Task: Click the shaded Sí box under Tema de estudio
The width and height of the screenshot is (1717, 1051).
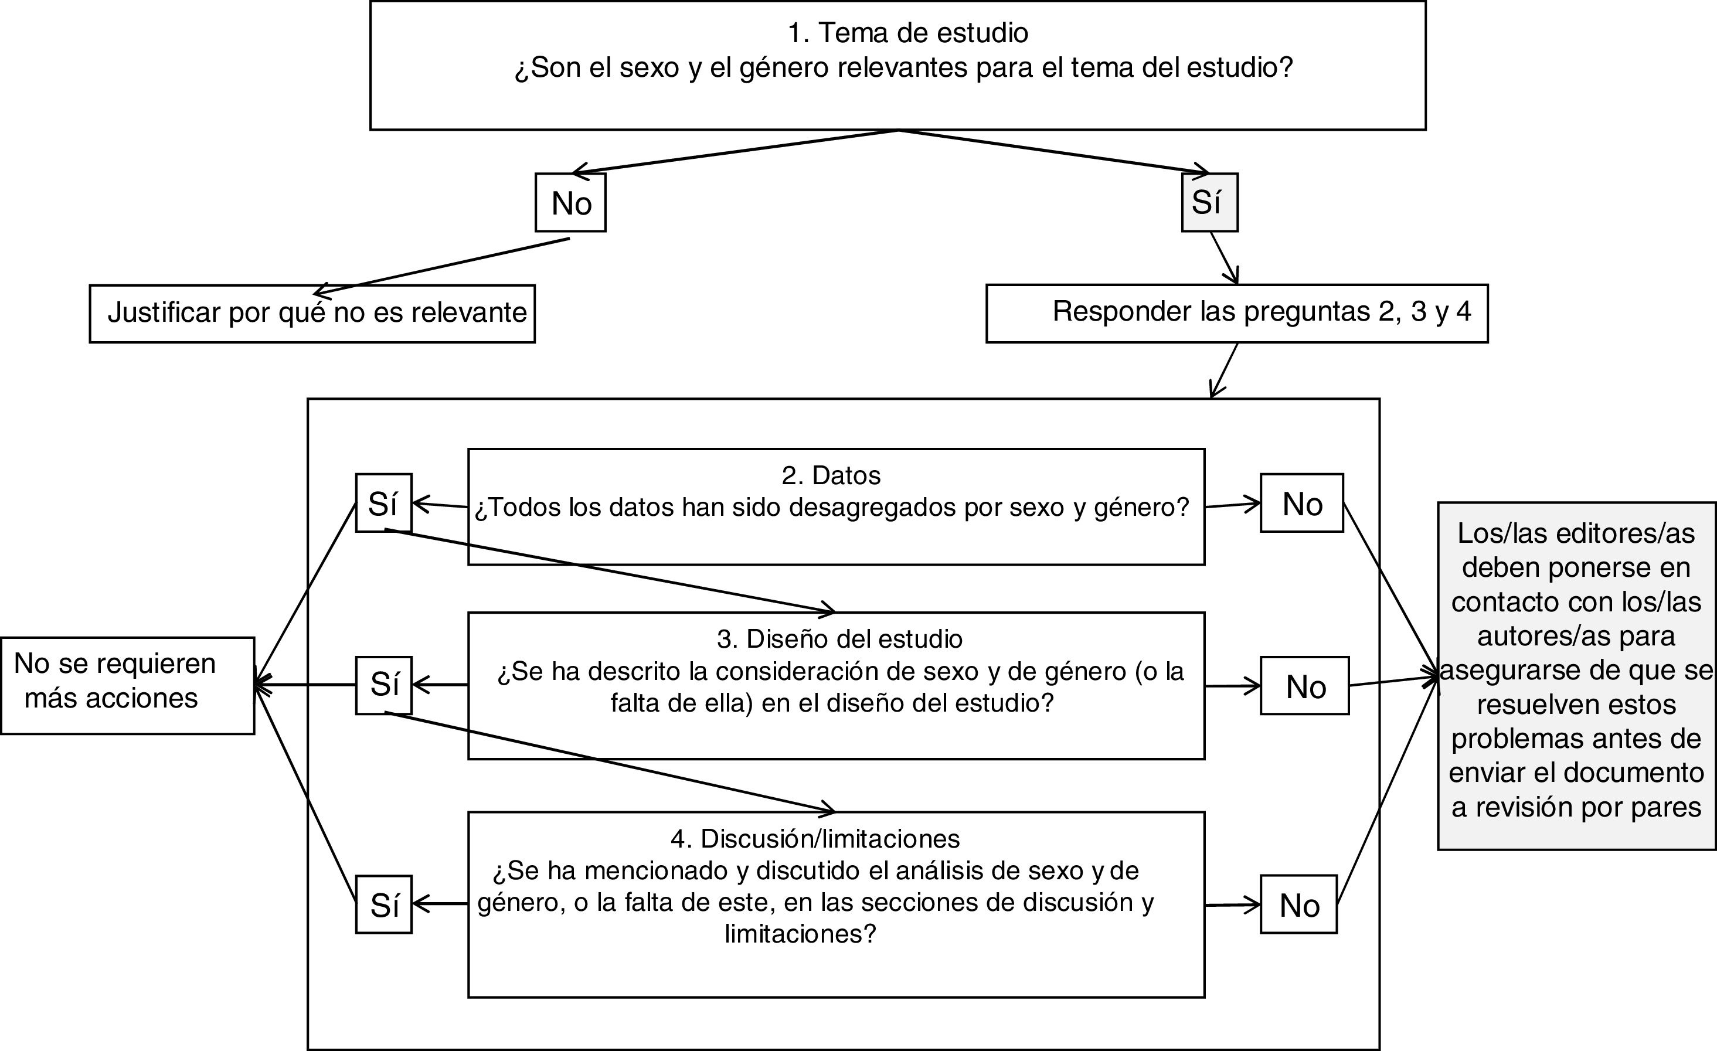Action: point(1210,202)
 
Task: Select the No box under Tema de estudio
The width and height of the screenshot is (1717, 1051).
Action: point(571,203)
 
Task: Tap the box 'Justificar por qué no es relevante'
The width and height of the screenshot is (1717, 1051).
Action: point(312,314)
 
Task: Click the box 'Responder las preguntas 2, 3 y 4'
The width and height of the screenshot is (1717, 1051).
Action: point(1237,313)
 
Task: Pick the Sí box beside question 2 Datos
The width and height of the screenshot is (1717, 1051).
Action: point(383,503)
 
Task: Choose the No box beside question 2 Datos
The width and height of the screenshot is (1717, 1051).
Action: point(1302,503)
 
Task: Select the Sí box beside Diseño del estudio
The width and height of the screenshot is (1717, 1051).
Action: point(383,685)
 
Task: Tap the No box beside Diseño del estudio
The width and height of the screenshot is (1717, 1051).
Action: point(1304,686)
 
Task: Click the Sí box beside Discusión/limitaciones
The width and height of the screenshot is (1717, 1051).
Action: point(383,904)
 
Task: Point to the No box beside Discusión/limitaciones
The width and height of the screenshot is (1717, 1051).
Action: point(1299,904)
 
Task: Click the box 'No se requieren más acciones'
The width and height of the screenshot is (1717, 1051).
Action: point(128,685)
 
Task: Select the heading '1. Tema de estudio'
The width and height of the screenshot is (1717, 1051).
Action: point(907,33)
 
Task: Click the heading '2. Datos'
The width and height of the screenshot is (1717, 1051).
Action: point(831,475)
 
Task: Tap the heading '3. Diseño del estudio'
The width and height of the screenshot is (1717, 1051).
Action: point(839,638)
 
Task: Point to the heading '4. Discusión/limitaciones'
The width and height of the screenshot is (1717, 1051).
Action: point(815,838)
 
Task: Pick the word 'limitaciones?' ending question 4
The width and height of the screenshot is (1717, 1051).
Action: point(800,934)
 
